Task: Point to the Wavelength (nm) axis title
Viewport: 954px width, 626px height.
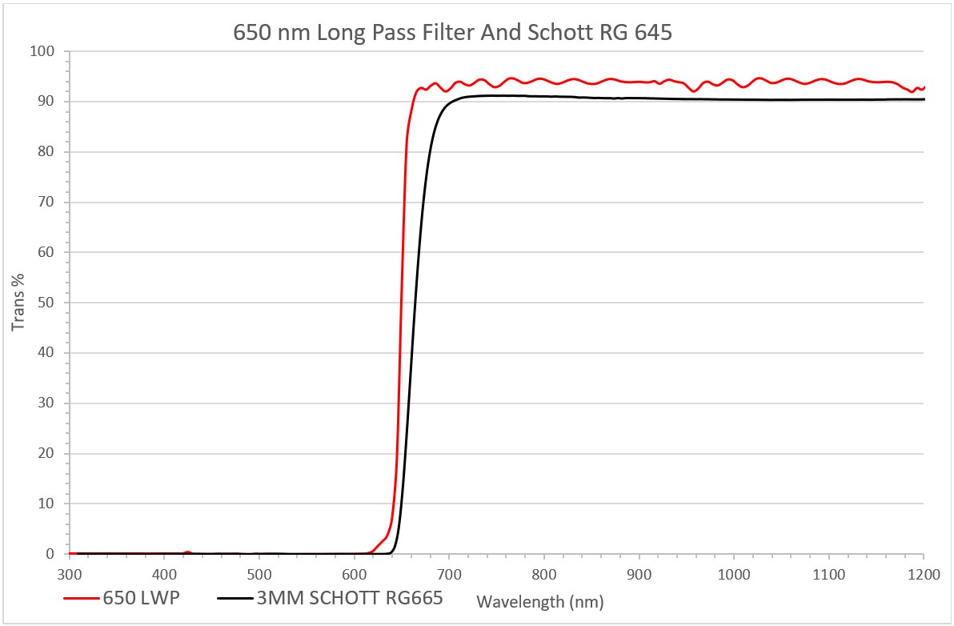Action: [539, 600]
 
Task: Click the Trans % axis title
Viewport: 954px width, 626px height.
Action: [18, 303]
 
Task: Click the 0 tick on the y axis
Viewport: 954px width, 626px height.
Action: [50, 554]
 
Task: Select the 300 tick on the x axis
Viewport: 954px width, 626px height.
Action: [70, 573]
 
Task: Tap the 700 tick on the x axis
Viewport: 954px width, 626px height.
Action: [449, 573]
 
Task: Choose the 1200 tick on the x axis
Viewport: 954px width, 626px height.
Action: [924, 573]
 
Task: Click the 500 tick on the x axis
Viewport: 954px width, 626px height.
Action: [259, 573]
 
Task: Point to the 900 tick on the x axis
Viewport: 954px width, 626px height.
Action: [639, 573]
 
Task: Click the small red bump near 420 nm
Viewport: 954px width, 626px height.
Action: [187, 552]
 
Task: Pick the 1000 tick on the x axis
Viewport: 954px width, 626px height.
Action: [734, 573]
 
